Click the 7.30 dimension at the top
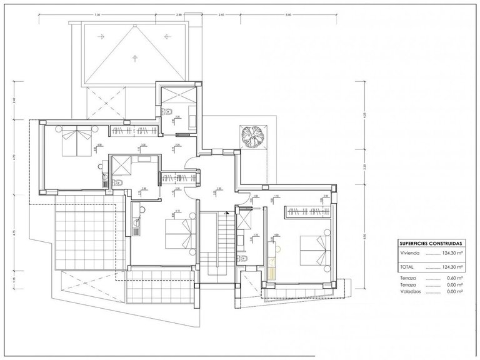tap(97, 14)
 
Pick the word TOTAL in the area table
tap(407, 267)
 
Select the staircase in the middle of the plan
tap(213, 245)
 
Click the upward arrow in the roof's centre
tap(134, 58)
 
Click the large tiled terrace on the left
tap(84, 234)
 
